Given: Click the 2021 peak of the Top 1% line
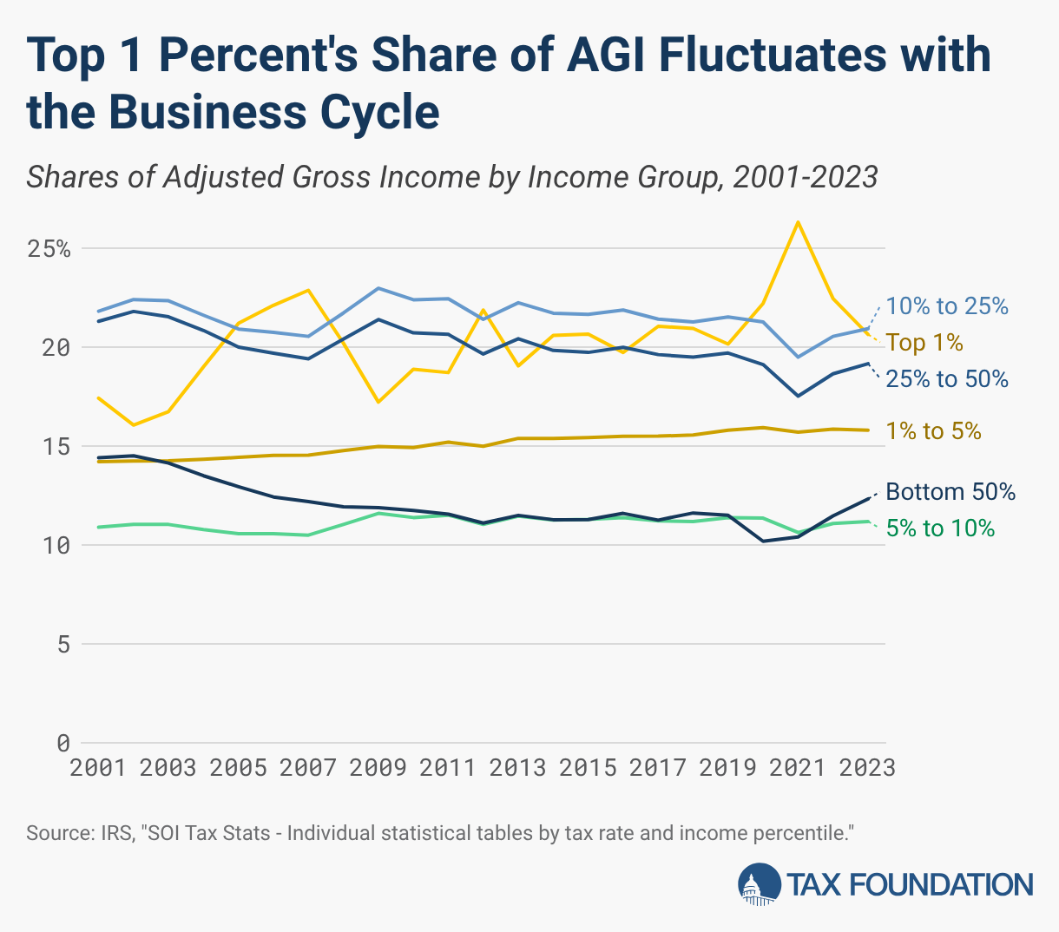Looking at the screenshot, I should point(798,222).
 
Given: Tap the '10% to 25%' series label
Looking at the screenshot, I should point(947,306).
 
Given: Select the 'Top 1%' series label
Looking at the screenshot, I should point(924,343).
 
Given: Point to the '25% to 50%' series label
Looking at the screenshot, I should point(947,379).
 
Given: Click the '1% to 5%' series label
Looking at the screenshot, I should point(933,431).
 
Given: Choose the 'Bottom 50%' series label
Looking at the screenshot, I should point(950,492).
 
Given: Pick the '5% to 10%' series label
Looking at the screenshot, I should point(940,528).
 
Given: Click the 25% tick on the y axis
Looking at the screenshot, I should point(49,249).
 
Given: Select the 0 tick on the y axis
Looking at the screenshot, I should point(63,744).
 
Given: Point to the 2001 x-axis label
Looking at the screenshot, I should point(98,768).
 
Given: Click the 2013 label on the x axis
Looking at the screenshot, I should point(517,768).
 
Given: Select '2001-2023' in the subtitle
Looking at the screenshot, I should point(806,177).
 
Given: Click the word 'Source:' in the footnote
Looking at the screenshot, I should point(56,834).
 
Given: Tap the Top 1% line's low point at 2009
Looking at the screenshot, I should point(378,403).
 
